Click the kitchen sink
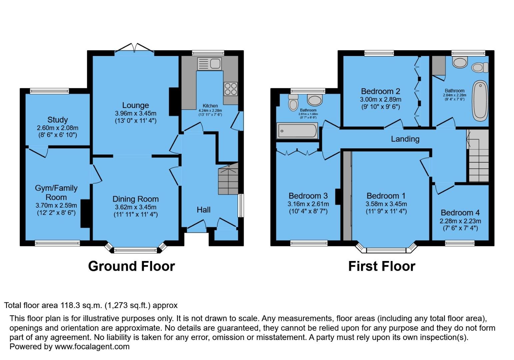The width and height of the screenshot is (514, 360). coord(209,64)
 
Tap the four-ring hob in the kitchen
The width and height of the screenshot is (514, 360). coord(230,89)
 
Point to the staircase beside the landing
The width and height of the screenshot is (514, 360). coord(479,156)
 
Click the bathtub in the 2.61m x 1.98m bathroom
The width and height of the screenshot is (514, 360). coord(297,131)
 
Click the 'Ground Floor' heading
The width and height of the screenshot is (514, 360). coord(131,266)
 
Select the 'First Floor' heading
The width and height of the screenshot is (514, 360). coord(382,266)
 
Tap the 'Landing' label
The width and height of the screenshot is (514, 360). coord(405,139)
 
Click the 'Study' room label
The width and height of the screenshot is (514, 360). coord(58,120)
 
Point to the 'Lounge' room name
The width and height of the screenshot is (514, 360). coord(135,105)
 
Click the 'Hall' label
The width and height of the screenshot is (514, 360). coord(203,210)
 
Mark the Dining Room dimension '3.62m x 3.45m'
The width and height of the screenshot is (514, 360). coord(135,207)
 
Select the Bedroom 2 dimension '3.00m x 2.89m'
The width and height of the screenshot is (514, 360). coord(380,99)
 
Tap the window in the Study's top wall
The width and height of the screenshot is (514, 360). coord(49,91)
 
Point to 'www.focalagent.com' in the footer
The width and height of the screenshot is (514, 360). coord(92,347)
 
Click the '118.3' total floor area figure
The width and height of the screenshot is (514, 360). coord(69,305)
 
